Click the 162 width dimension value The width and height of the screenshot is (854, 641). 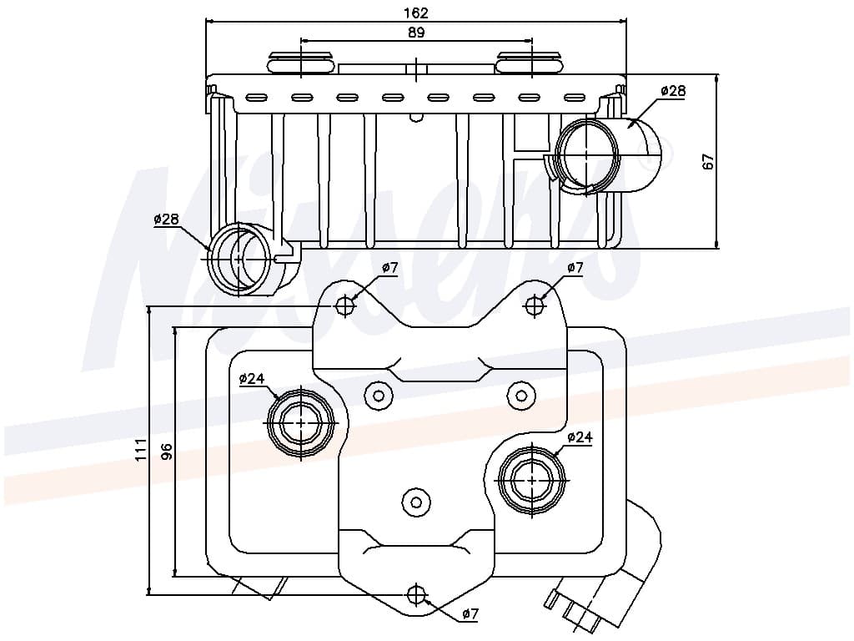click(x=416, y=13)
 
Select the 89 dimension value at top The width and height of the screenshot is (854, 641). click(x=416, y=33)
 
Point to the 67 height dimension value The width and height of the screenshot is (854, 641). click(x=709, y=162)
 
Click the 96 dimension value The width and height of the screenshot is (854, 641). click(x=166, y=452)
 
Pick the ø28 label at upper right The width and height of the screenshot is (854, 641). click(x=672, y=91)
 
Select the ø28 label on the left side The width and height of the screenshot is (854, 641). click(x=166, y=220)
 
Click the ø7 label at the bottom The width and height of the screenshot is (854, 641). click(x=470, y=614)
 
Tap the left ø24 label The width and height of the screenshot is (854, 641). click(x=251, y=379)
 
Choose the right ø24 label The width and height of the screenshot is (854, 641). click(x=579, y=437)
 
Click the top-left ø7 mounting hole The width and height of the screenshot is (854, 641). click(x=345, y=305)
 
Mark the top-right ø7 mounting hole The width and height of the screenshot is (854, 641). click(x=535, y=305)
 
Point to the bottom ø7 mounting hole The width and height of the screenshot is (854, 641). click(x=416, y=594)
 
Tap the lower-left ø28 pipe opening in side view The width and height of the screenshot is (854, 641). click(x=240, y=259)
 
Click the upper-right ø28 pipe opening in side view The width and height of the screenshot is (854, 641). click(x=589, y=155)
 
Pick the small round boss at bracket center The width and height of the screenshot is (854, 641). click(x=416, y=501)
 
